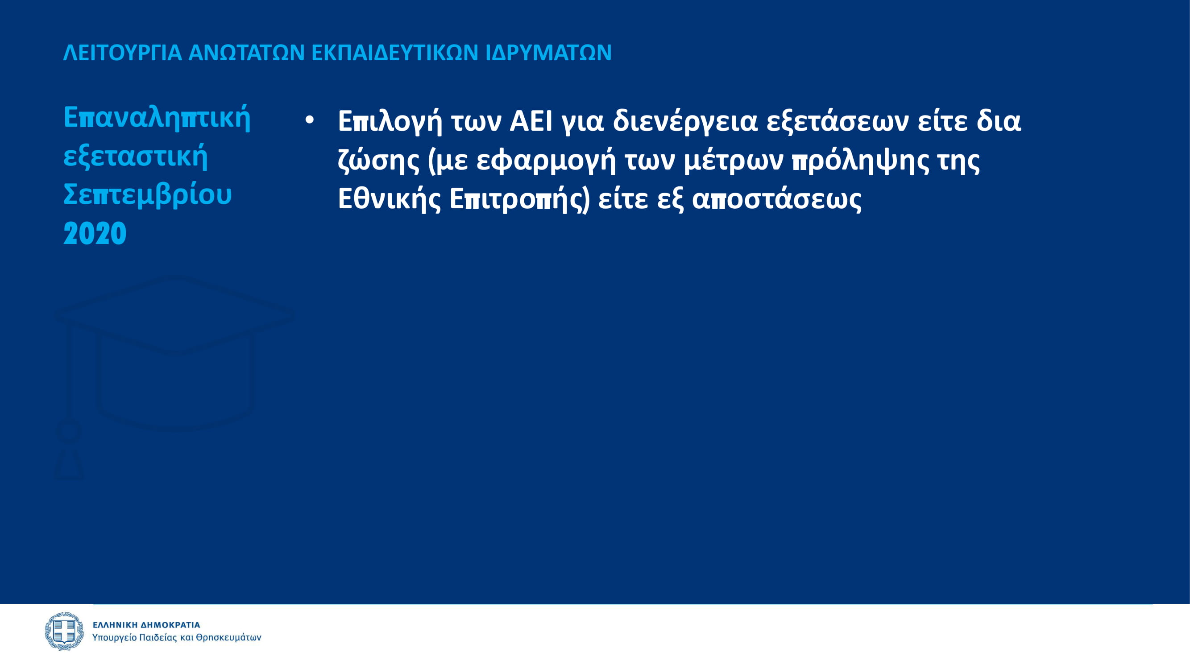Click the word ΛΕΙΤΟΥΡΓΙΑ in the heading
point(122,53)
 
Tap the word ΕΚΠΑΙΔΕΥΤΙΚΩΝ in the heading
point(394,53)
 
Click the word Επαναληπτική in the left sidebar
point(157,119)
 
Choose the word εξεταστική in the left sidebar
point(135,157)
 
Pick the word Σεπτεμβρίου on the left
point(147,195)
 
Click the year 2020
point(95,234)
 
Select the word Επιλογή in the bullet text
point(390,122)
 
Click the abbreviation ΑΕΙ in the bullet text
point(531,121)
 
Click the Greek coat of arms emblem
point(64,631)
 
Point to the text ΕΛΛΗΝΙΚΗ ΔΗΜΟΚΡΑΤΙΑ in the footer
point(146,625)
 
